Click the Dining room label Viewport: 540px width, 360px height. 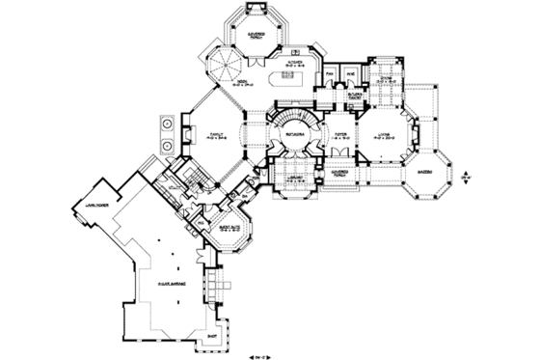(386, 80)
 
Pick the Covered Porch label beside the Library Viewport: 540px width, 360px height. (339, 179)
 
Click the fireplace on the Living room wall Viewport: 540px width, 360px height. (416, 136)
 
